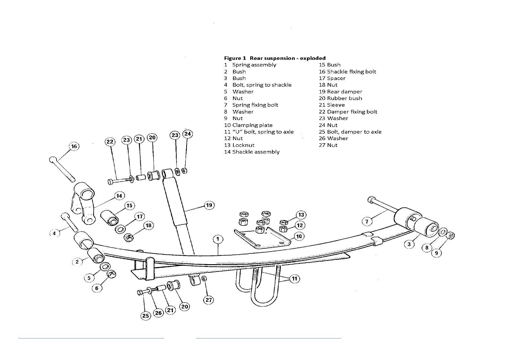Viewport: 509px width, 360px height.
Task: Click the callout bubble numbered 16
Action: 74,147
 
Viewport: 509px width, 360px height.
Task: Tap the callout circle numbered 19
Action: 209,206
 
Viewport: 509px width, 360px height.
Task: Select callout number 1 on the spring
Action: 218,239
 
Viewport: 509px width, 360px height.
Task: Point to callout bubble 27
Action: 209,300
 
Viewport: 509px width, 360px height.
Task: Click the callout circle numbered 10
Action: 299,236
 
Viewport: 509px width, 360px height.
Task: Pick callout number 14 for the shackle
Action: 119,196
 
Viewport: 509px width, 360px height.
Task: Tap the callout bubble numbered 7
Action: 367,222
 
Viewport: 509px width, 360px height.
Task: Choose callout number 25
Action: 146,316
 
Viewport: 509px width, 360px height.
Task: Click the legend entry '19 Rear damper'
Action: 340,92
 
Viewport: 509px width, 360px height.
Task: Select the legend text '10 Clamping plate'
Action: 248,125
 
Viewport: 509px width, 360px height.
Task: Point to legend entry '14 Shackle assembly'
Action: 252,152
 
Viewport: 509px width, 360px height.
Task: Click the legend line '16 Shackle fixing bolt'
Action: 347,72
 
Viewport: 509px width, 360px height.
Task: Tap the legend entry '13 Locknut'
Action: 239,145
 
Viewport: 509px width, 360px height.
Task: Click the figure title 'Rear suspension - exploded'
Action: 287,58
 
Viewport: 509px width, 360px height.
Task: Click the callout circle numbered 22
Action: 110,141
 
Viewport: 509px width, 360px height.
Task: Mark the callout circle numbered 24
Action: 188,134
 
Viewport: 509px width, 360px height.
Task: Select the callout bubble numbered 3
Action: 409,244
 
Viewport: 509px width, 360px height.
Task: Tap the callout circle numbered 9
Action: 437,253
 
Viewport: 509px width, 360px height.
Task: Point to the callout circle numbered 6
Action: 97,288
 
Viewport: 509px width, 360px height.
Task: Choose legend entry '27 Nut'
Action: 328,145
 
